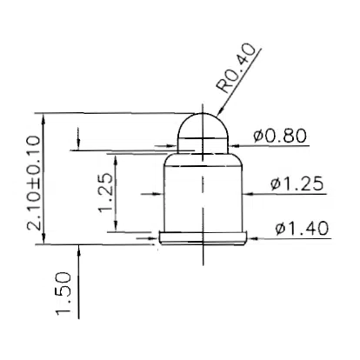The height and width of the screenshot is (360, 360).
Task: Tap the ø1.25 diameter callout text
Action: [298, 183]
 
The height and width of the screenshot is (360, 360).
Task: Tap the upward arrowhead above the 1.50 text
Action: [80, 251]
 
